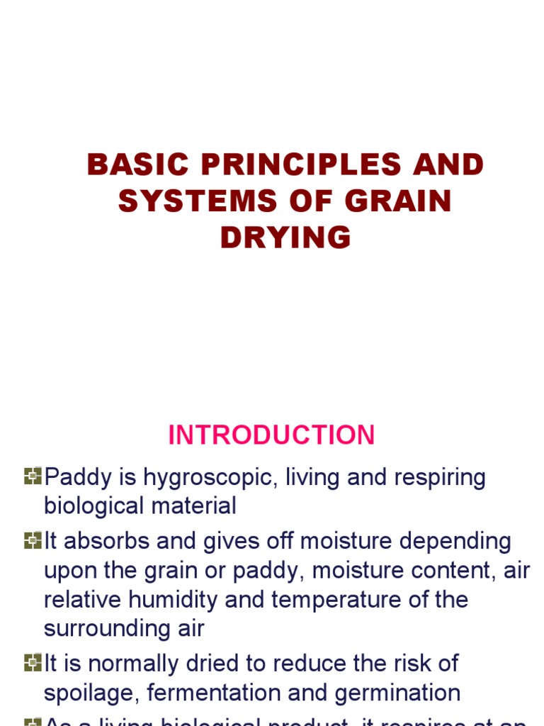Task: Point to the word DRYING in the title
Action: pos(285,238)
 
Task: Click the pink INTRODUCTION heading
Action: pos(271,435)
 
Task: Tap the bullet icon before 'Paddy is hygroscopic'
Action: pos(33,476)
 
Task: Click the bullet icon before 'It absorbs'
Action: pos(33,541)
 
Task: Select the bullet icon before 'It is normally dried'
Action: pos(33,663)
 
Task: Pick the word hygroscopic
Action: pos(210,478)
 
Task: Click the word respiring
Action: pos(435,478)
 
